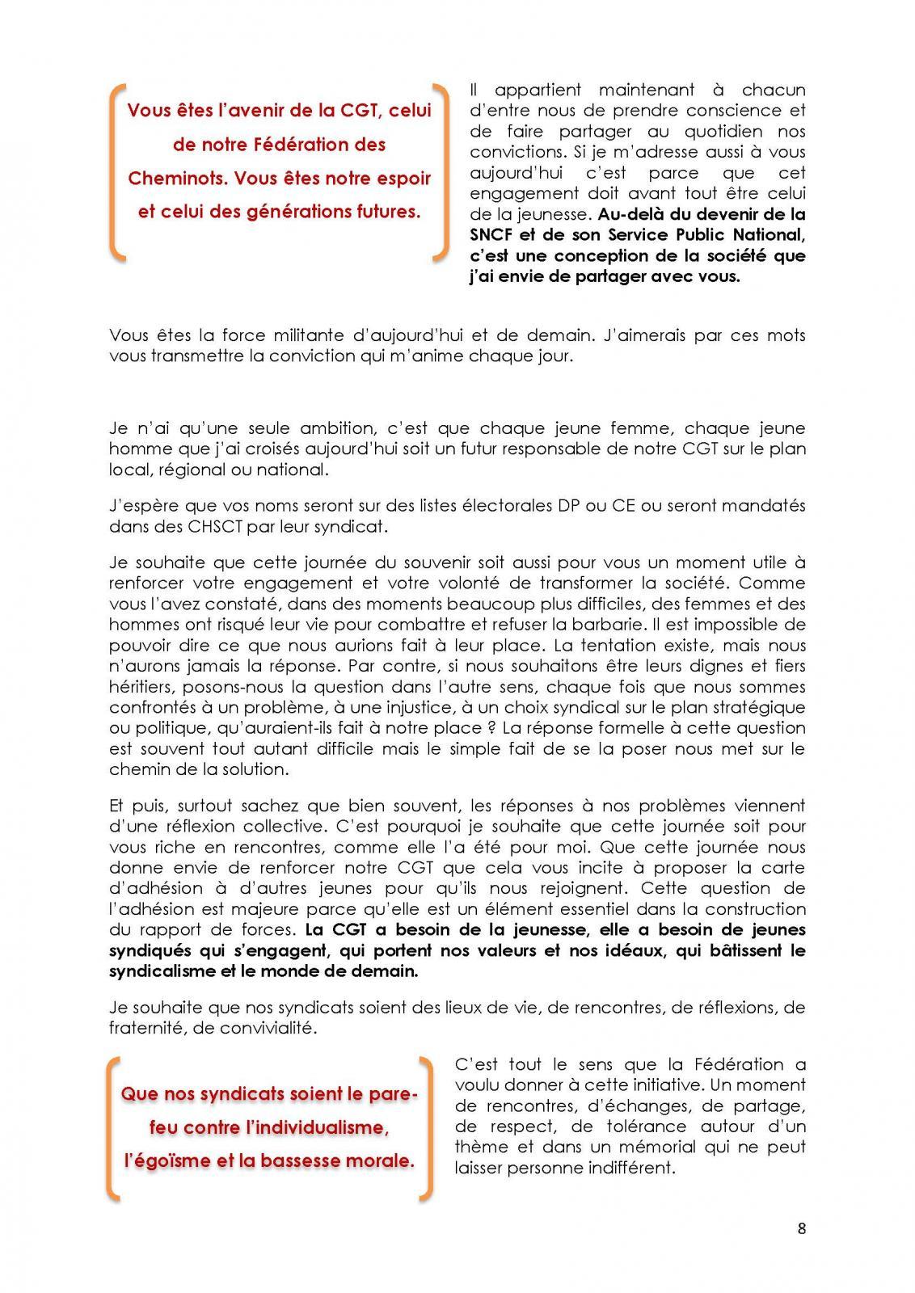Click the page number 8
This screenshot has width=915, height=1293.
coord(801,1229)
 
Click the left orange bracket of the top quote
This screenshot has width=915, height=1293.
coord(117,171)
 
